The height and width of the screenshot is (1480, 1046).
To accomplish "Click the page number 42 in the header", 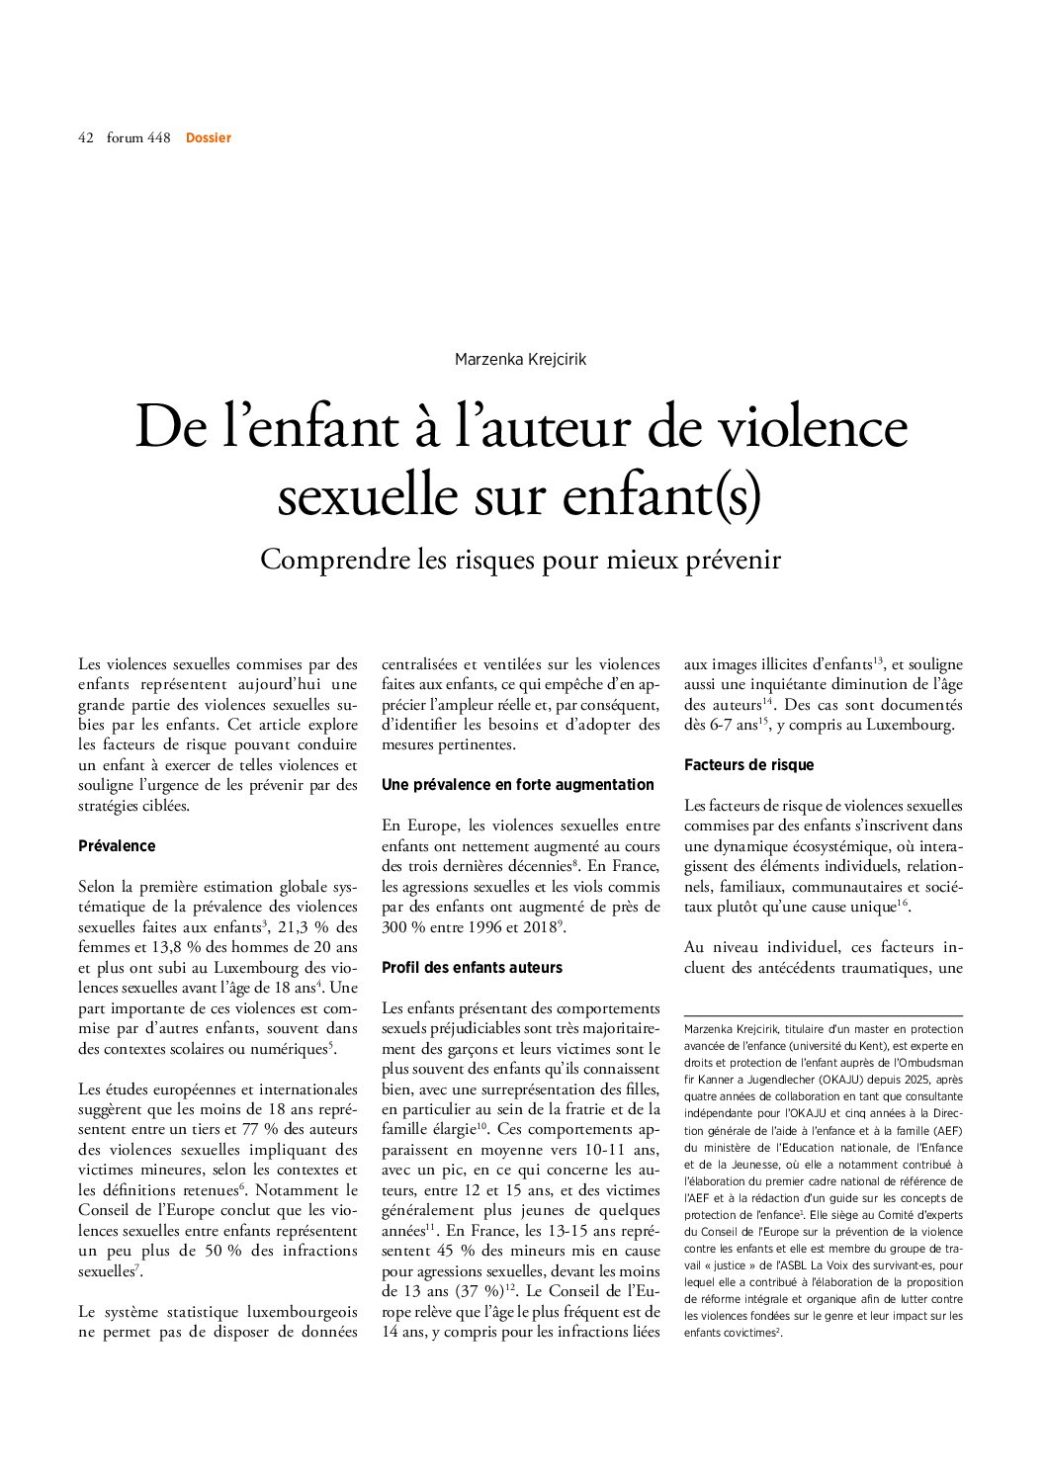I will (85, 137).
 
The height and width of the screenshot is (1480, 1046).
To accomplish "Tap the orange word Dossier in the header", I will (209, 137).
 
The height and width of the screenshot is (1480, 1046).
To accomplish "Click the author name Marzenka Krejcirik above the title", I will (520, 359).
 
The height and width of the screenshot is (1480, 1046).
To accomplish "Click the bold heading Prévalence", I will (117, 845).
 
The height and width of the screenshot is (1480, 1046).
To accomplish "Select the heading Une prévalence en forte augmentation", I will (518, 784).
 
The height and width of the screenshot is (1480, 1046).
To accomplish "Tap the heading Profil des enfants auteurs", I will (472, 967).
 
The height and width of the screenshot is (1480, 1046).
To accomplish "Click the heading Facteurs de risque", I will (748, 764).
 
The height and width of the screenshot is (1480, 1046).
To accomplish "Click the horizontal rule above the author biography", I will (823, 1015).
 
